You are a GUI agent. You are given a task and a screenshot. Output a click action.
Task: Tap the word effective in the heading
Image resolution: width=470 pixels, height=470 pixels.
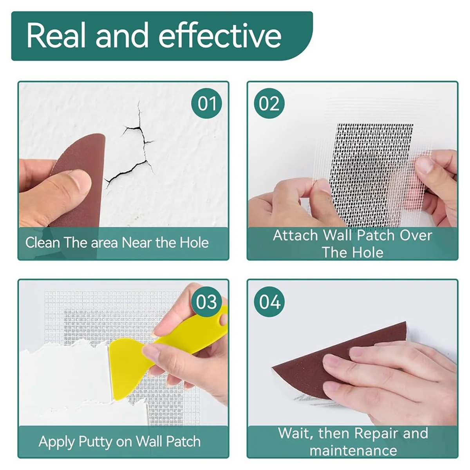(x=220, y=36)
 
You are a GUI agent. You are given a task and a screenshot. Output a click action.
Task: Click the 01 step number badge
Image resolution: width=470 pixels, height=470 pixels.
(x=207, y=104)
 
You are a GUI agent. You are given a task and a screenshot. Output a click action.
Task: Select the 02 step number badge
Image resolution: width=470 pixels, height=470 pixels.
(x=269, y=104)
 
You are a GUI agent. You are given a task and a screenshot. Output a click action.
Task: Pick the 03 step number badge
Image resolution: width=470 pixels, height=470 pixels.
(x=206, y=302)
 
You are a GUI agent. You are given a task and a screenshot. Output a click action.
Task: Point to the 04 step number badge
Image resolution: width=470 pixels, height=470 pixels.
(x=269, y=302)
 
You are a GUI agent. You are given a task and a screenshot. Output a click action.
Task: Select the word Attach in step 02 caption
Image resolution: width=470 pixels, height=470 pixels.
(x=295, y=235)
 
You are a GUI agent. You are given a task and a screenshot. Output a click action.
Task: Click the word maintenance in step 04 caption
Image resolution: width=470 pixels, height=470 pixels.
(x=353, y=450)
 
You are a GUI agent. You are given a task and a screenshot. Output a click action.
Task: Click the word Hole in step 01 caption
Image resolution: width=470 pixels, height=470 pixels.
(x=194, y=243)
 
